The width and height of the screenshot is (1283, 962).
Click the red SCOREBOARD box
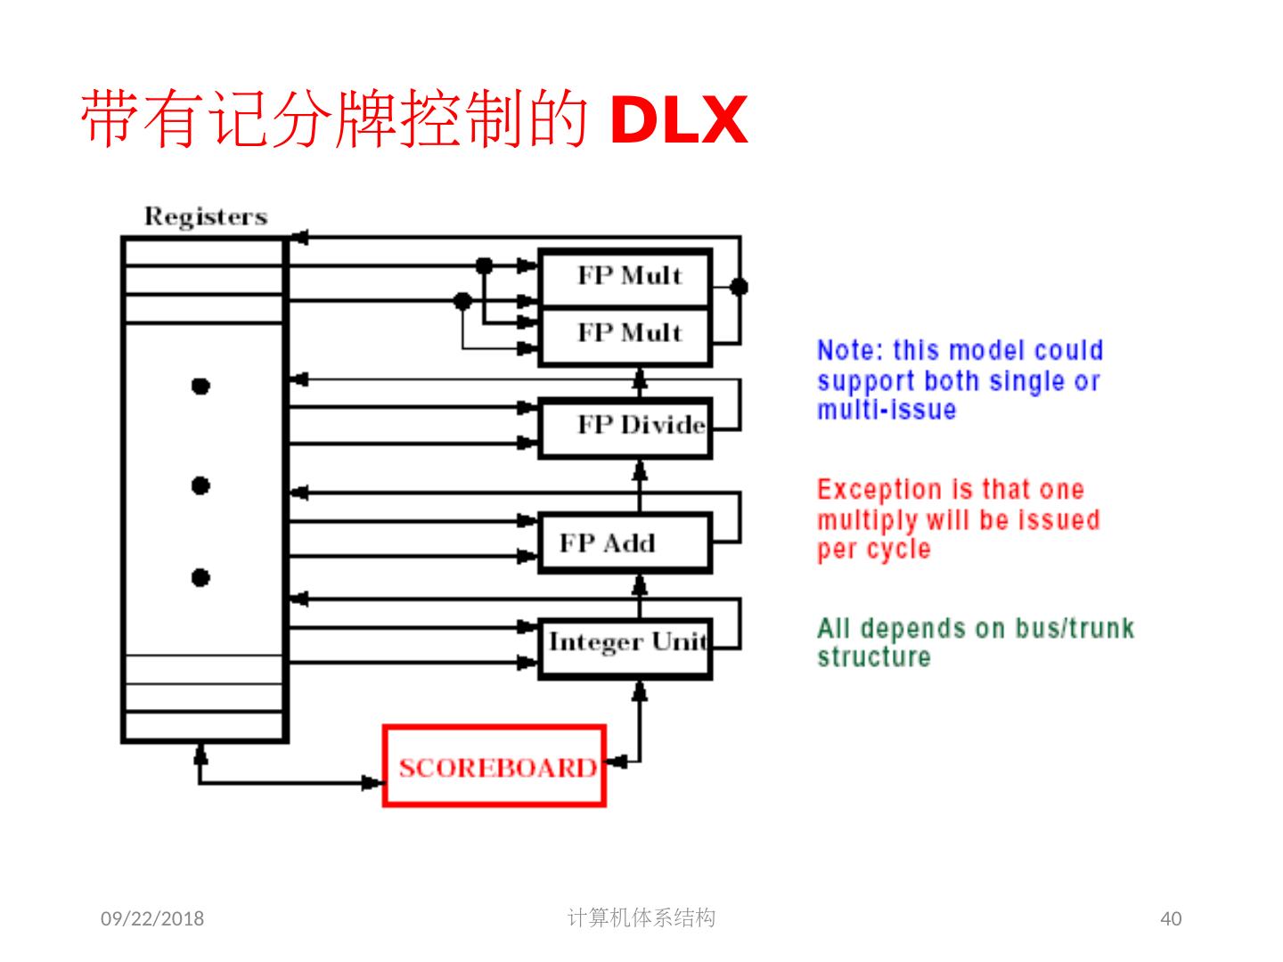[x=494, y=766]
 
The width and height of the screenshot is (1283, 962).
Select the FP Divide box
[x=625, y=428]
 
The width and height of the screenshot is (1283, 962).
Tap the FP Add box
[x=625, y=542]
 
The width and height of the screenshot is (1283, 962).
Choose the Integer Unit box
[x=625, y=648]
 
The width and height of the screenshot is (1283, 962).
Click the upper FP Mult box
[x=625, y=277]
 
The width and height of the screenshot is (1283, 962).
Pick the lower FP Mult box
[x=625, y=336]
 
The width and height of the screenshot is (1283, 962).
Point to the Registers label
[x=206, y=216]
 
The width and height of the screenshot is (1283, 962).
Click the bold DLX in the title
[x=678, y=119]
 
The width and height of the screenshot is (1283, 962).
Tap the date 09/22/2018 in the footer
[x=152, y=918]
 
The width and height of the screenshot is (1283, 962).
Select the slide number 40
[x=1171, y=918]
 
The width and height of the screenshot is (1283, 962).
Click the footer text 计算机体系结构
[x=641, y=917]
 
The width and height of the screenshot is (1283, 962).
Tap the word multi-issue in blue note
[x=887, y=409]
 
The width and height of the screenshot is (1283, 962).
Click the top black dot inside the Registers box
[x=200, y=386]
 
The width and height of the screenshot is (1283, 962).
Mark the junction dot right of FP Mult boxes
[x=739, y=287]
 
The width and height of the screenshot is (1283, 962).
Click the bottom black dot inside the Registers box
[x=200, y=578]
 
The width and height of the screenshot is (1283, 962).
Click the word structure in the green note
[x=873, y=656]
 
